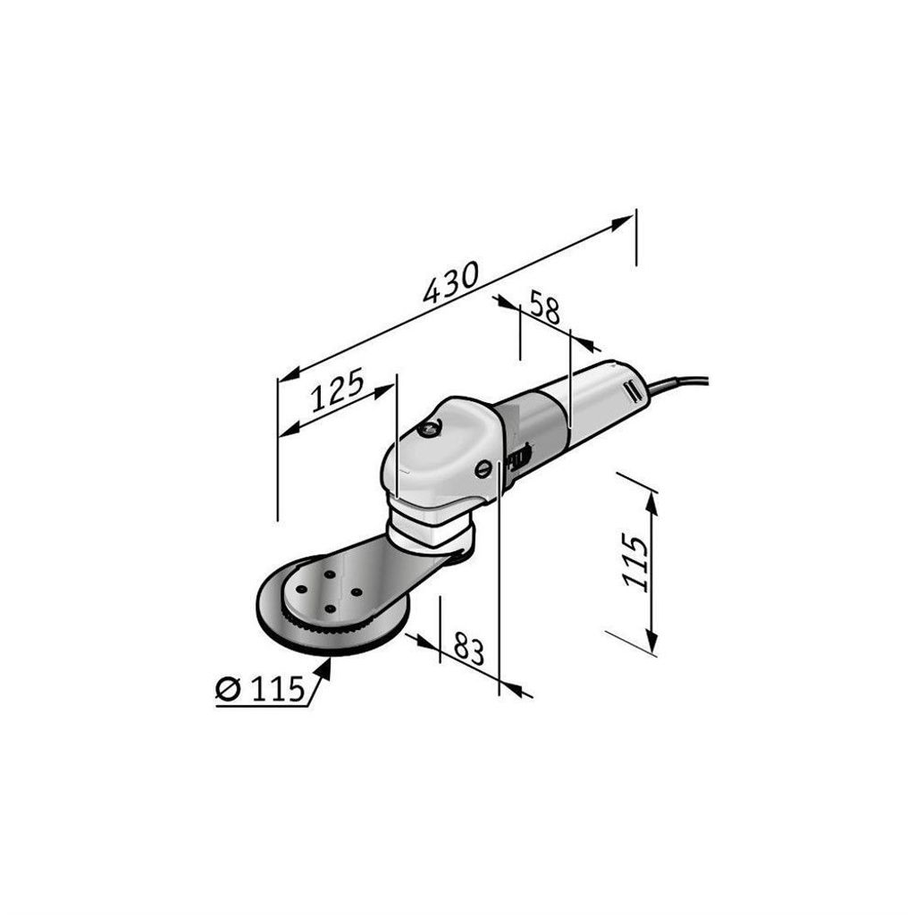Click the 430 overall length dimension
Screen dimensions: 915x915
click(450, 282)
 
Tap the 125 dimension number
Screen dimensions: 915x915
click(337, 390)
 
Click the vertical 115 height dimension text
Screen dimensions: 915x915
click(634, 562)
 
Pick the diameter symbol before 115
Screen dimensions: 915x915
click(228, 689)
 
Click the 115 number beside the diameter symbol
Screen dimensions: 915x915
click(278, 689)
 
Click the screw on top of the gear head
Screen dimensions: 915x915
click(430, 428)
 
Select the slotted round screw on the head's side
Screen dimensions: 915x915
click(483, 468)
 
